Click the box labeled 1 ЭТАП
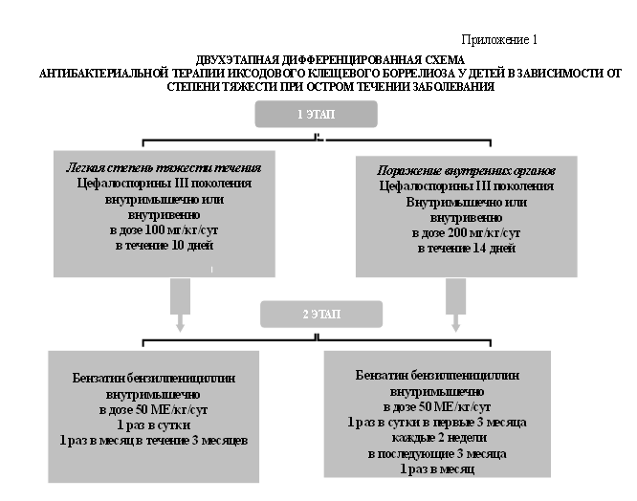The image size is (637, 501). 316,114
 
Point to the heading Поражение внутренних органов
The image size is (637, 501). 467,169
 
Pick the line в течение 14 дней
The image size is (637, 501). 467,248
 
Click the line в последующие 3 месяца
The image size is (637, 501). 438,453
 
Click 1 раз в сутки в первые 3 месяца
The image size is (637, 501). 438,423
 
